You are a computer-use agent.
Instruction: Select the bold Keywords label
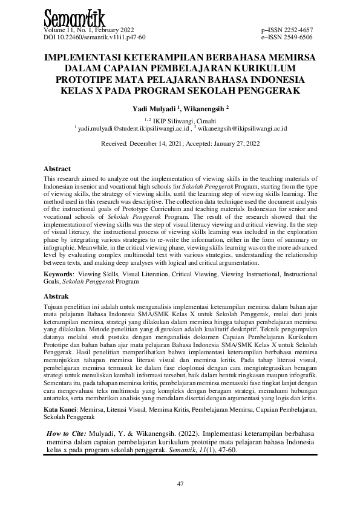pos(61,274)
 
